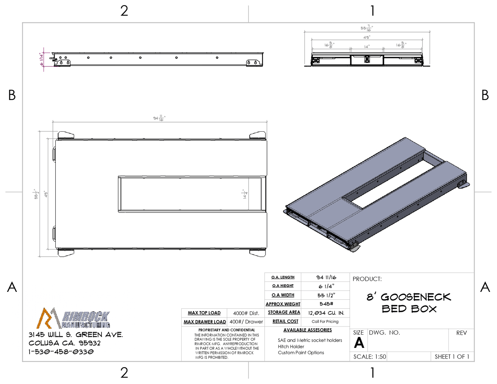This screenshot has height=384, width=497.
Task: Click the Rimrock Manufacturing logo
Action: [73, 318]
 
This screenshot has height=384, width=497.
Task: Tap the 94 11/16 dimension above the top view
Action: [159, 118]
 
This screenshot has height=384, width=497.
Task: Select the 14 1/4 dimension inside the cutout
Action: [245, 194]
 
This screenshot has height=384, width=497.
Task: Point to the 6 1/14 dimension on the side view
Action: [41, 59]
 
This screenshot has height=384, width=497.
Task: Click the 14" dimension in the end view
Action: [367, 46]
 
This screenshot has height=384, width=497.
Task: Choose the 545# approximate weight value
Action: [326, 304]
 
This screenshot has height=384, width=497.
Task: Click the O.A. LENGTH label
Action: [283, 277]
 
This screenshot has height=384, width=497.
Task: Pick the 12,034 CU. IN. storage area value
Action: [326, 313]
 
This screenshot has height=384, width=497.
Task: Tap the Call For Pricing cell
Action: [325, 321]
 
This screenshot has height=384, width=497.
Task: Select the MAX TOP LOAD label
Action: [204, 313]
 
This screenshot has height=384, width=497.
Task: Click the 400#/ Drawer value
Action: [246, 322]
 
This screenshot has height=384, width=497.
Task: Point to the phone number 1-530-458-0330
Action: [61, 352]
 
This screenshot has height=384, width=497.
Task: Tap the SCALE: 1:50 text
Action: [370, 356]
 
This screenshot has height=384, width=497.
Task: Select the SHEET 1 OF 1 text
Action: [452, 356]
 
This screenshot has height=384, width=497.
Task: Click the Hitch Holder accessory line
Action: [291, 347]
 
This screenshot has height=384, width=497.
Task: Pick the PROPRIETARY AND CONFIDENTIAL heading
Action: [227, 330]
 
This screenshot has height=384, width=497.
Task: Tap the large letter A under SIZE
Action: [359, 343]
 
